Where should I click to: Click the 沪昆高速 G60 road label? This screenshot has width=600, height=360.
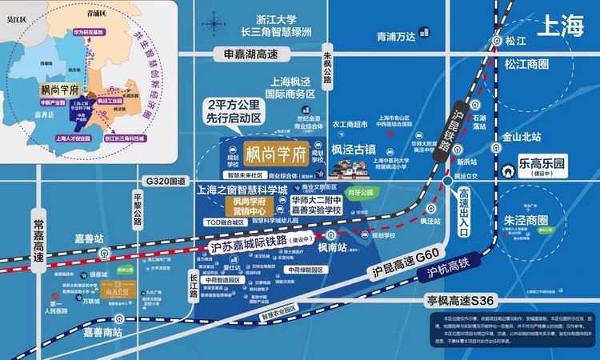click(x=407, y=262)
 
